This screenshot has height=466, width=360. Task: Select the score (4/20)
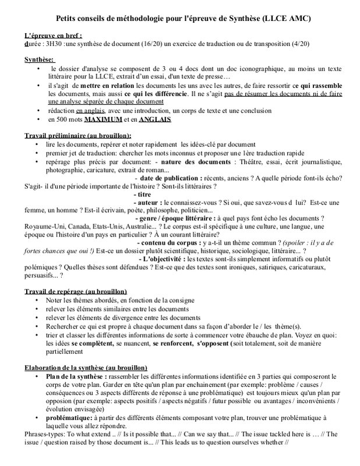290,43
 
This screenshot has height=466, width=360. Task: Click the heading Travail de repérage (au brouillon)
76,291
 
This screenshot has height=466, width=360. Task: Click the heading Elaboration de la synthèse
86,368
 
